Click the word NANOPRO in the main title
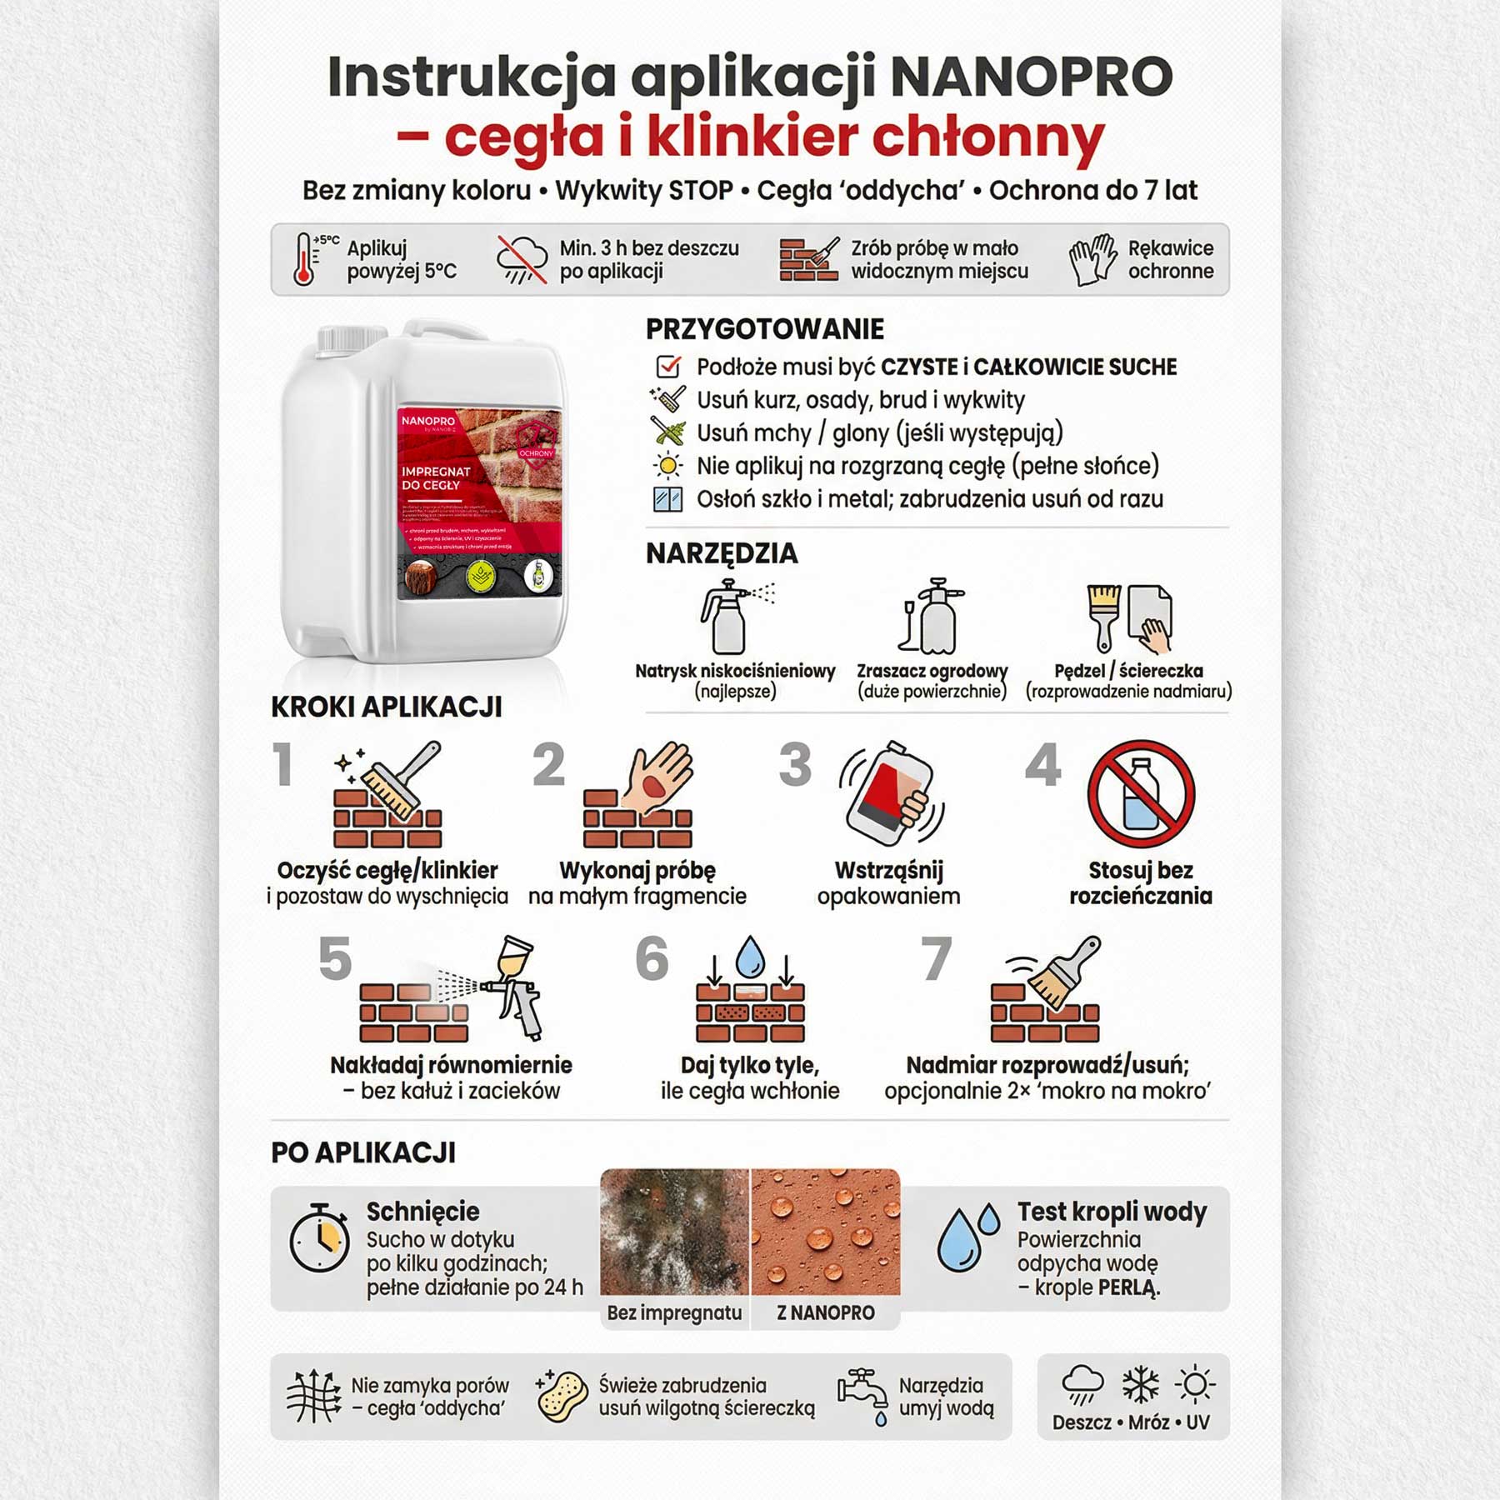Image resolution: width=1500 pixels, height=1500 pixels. click(x=1032, y=77)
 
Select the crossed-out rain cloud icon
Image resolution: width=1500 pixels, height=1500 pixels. click(x=522, y=259)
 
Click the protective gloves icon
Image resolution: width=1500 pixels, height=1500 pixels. click(x=1092, y=259)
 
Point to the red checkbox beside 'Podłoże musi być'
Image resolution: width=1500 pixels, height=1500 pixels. click(x=668, y=367)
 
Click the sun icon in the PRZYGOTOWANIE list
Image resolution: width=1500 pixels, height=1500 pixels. click(x=668, y=465)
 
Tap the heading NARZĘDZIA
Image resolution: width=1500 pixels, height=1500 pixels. click(x=722, y=553)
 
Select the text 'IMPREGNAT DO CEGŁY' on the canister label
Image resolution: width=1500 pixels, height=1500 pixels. click(x=436, y=477)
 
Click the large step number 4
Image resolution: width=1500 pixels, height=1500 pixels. click(x=1043, y=765)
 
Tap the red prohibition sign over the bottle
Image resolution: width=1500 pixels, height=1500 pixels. click(x=1141, y=794)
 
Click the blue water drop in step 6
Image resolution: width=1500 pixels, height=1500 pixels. click(x=750, y=956)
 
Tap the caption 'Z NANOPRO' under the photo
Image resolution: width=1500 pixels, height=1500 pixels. click(x=825, y=1313)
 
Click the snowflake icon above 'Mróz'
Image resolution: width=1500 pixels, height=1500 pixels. click(x=1140, y=1386)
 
